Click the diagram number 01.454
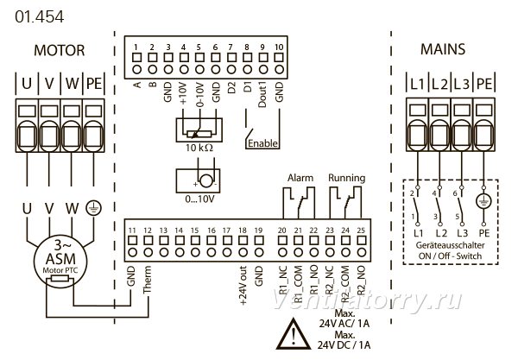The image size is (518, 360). point(40,17)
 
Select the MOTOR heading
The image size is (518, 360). point(60,51)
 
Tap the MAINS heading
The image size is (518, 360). point(443,49)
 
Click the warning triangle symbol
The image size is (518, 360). point(293,333)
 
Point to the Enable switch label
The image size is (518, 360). point(262,143)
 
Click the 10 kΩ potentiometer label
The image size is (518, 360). point(199,148)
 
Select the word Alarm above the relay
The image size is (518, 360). point(300,178)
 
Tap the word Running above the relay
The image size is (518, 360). point(346,178)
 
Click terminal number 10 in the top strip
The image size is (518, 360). point(279,47)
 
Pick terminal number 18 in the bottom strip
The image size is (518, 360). point(243,231)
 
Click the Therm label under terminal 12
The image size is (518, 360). point(147,280)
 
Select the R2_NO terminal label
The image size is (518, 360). point(361,281)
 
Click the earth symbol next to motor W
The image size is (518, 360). point(94,208)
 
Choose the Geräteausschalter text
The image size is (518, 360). point(450,245)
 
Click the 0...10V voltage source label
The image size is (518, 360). point(199,199)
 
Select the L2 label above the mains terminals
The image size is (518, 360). point(439,84)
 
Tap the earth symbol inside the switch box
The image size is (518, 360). point(483,201)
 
